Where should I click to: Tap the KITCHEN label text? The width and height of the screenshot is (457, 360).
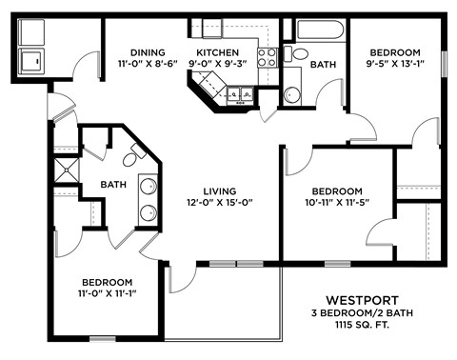coord(217,52)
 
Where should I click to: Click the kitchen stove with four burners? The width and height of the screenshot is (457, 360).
coord(268,56)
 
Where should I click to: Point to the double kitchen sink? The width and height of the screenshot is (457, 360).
coord(237,93)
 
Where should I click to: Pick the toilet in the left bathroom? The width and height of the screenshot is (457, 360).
coord(132,150)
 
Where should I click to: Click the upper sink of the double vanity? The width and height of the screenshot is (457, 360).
coord(152,187)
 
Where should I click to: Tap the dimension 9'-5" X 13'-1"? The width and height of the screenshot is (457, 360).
coord(394,65)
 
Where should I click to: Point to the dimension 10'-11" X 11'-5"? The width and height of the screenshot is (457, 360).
coord(337,202)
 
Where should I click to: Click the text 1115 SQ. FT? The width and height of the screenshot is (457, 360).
coord(353,325)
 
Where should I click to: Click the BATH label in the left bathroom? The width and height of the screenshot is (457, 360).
coord(115,185)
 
